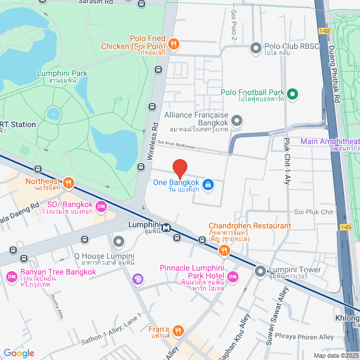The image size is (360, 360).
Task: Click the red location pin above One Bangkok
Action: (179, 168)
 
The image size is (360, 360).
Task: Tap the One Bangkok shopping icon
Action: (208, 184)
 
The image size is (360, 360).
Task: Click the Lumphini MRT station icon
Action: (166, 228)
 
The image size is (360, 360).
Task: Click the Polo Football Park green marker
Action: (292, 93)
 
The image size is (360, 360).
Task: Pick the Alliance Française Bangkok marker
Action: (237, 120)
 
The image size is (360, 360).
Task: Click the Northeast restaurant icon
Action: (68, 182)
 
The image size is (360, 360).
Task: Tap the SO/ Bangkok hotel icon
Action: (102, 206)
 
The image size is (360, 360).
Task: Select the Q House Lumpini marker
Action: (119, 242)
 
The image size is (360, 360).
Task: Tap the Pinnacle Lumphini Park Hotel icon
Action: (233, 276)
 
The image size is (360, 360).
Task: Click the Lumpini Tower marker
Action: (260, 272)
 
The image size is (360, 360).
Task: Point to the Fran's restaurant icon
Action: (178, 330)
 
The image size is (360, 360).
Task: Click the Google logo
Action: (19, 353)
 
